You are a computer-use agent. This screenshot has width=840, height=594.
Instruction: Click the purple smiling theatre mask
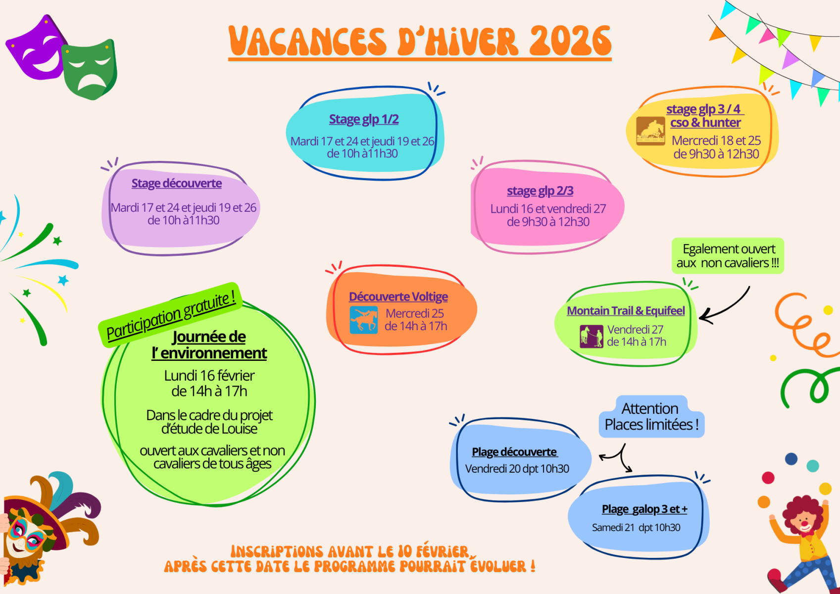point(36,49)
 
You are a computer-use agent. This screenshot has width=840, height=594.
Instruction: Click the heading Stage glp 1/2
point(364,119)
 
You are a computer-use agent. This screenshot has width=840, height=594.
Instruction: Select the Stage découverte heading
point(177,183)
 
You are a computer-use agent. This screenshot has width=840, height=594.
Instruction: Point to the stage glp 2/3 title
point(540,191)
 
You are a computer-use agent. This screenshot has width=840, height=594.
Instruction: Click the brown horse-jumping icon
point(650,131)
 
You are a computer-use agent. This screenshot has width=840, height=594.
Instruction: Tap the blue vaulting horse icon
point(363,320)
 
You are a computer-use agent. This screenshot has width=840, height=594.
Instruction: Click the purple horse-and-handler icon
point(592,337)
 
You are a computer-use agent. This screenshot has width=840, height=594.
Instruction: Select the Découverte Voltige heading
point(398,297)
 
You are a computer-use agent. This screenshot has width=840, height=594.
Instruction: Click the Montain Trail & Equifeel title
point(626,311)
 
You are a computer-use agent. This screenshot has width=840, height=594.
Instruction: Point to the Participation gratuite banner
point(170,315)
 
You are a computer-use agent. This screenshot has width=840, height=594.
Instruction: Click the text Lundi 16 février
point(209,375)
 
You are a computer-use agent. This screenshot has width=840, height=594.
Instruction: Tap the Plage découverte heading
point(514,452)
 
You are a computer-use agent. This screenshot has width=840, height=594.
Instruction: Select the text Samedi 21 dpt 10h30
point(636,528)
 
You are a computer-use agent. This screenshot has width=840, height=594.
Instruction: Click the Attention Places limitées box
point(651,416)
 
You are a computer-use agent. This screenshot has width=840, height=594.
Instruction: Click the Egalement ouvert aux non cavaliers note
point(728,256)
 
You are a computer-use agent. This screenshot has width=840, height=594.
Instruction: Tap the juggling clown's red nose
point(804,523)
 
